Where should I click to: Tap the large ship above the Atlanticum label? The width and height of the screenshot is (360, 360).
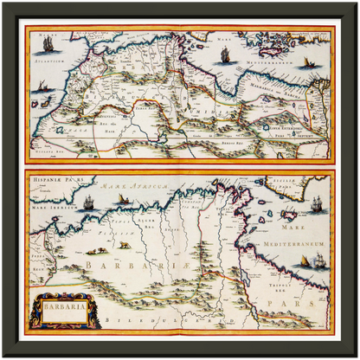[49, 42]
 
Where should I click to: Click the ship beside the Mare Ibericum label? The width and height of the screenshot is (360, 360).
[88, 203]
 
